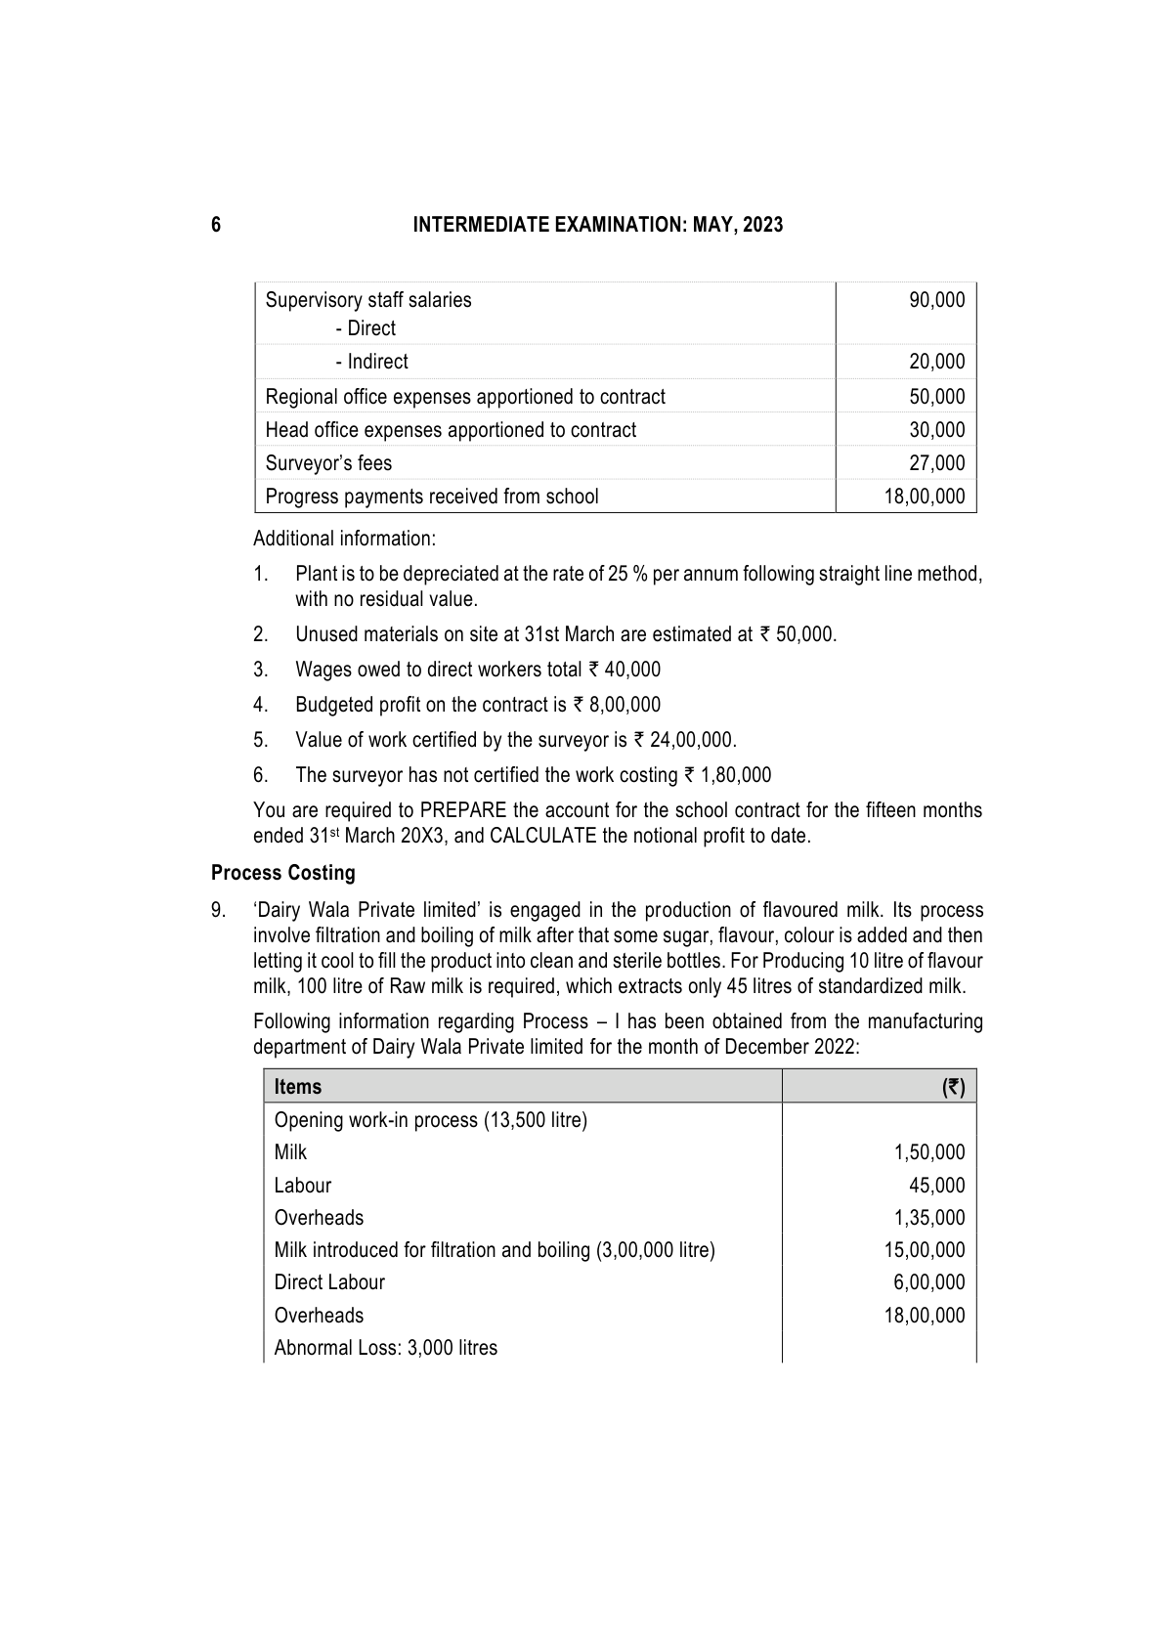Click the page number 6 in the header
click(215, 226)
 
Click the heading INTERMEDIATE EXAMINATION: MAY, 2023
click(597, 226)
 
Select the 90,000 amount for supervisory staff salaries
click(936, 300)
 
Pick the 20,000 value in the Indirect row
click(936, 362)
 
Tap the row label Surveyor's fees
click(328, 463)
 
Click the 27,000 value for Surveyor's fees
click(936, 463)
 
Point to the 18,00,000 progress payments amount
click(924, 497)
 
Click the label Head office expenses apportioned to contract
click(451, 430)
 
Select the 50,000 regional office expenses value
click(936, 397)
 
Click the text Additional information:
click(344, 539)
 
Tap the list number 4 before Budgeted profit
click(260, 705)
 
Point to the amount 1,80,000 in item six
click(735, 775)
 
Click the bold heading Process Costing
click(282, 873)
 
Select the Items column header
click(298, 1087)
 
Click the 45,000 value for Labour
click(936, 1186)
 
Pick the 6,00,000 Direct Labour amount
click(929, 1282)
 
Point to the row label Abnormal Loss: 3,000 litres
click(385, 1348)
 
